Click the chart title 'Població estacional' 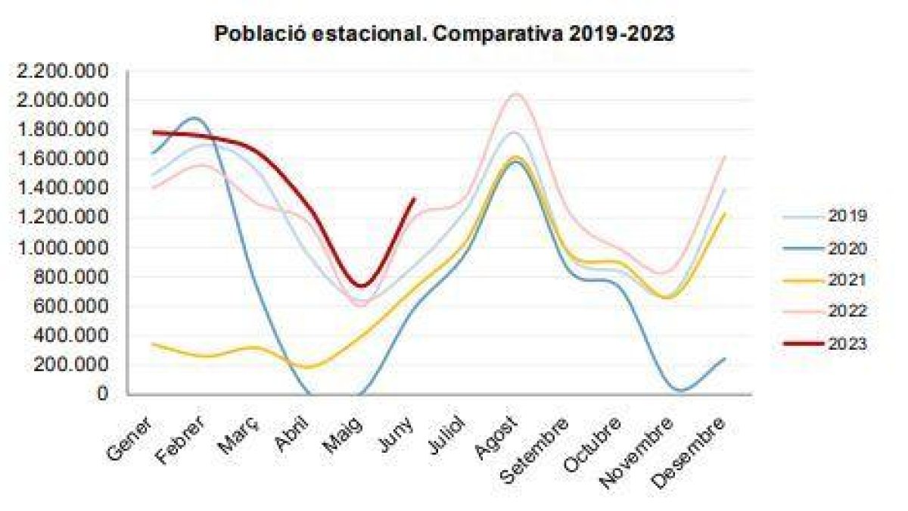[444, 34]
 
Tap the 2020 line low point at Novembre [679, 391]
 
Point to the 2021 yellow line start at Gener [154, 344]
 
